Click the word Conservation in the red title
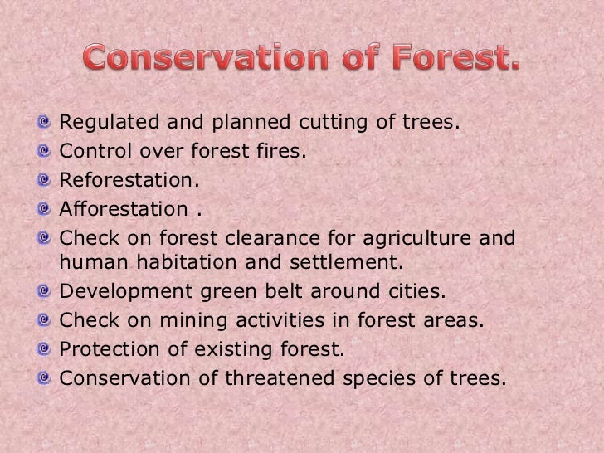coord(206,57)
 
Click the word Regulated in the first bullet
coord(110,123)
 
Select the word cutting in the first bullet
coord(334,123)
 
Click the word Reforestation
coord(129,179)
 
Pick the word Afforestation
coord(124,208)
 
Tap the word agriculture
coord(416,238)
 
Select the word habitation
coord(187,262)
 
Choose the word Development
coord(126,291)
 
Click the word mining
coord(193,321)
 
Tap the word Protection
coord(110,349)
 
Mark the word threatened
coord(280,377)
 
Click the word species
coord(379,378)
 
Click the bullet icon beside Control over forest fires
coord(44,151)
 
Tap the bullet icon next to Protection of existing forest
coord(44,349)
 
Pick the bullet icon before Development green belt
coord(44,291)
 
